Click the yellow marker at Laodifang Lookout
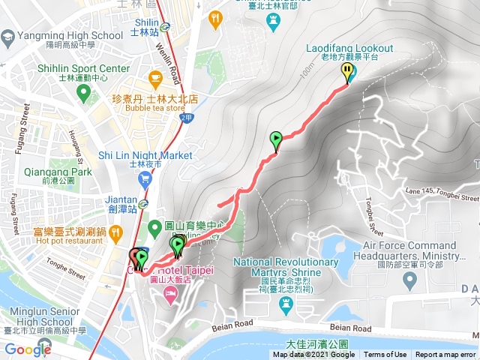click(x=348, y=73)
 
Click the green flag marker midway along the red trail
click(x=276, y=139)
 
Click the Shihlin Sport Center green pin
click(x=82, y=94)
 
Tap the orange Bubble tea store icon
click(x=155, y=77)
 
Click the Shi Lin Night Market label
click(x=145, y=155)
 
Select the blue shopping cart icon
click(x=145, y=178)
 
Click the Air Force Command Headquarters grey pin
click(x=409, y=280)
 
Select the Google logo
click(x=28, y=349)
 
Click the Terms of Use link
click(x=385, y=355)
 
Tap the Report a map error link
click(x=445, y=355)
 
